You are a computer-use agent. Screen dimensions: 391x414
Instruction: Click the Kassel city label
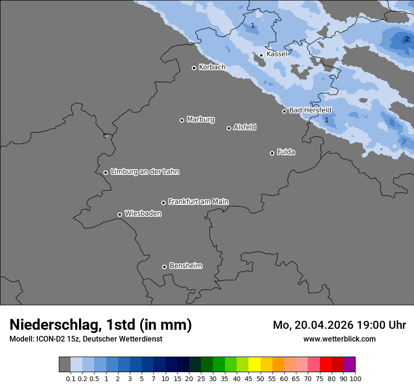(277, 54)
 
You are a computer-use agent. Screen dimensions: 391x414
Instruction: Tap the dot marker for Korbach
(194, 68)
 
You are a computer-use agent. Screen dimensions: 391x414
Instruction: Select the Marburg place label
(200, 120)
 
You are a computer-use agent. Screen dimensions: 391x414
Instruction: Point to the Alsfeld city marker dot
(229, 128)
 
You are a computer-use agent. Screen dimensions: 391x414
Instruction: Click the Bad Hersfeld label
(310, 110)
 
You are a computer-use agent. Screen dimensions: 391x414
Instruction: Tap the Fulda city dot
(272, 153)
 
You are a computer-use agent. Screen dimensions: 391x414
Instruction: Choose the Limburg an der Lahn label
(144, 172)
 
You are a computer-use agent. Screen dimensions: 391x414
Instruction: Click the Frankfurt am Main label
(198, 202)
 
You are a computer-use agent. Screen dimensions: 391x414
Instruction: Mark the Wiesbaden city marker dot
(119, 214)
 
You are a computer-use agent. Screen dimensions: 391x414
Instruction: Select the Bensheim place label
(185, 266)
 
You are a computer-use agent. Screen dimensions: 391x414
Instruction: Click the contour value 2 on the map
(406, 39)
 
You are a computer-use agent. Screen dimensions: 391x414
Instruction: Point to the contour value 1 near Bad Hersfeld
(326, 120)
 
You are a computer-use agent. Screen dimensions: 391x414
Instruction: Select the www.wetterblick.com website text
(339, 339)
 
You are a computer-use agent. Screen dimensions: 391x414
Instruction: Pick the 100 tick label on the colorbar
(355, 378)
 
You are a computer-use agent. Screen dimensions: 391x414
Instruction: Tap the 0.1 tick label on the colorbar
(71, 378)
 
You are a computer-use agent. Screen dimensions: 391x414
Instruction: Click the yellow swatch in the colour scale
(254, 364)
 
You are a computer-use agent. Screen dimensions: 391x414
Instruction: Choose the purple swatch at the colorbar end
(349, 364)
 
